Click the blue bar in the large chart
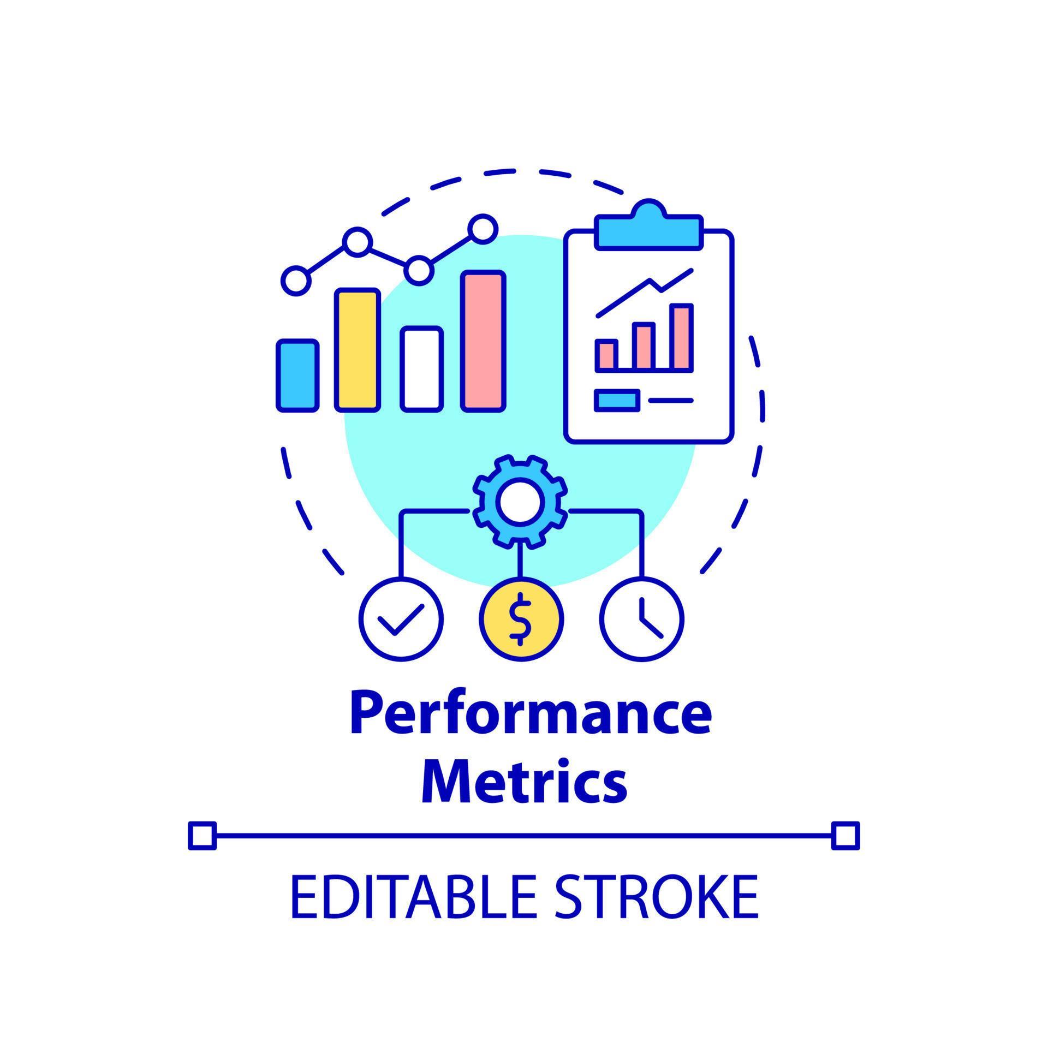[297, 375]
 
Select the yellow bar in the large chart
[358, 350]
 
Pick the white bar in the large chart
[421, 368]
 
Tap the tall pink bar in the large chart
[483, 341]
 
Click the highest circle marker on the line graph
[483, 229]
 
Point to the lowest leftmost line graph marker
[296, 281]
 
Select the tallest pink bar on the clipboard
[682, 337]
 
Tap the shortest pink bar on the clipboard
[606, 355]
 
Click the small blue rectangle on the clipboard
[617, 400]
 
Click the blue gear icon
[520, 503]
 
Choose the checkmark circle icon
[401, 619]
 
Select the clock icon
[642, 619]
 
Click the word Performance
[531, 714]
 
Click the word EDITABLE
[412, 897]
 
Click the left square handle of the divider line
[203, 836]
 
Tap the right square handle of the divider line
[845, 836]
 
